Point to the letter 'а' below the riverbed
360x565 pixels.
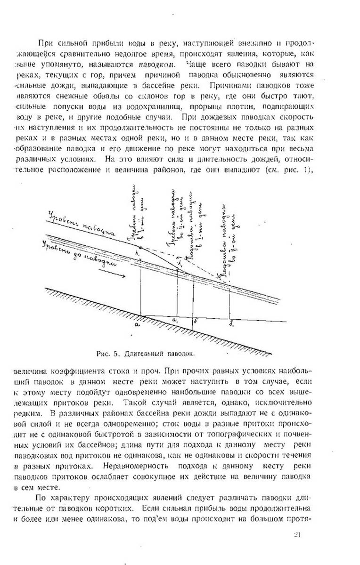(137, 324)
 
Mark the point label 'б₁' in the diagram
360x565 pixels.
(232, 324)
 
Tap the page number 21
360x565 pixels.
(297, 534)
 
